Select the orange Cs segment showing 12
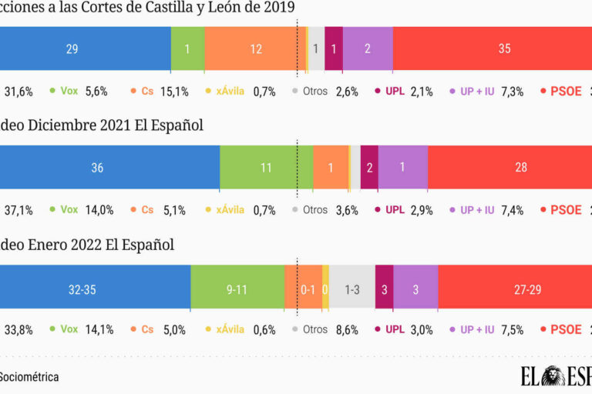[255, 48]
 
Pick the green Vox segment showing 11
[266, 167]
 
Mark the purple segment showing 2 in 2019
[368, 48]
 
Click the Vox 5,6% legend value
[96, 92]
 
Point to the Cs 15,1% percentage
[174, 92]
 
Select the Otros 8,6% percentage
[347, 329]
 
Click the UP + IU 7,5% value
[512, 329]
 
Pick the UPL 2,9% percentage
[420, 210]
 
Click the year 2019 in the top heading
[277, 7]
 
